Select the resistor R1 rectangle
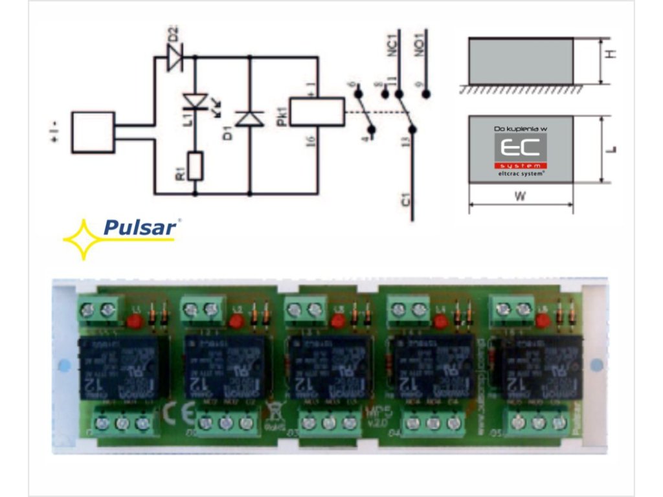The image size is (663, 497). pyautogui.click(x=195, y=166)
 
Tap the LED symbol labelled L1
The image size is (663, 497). pyautogui.click(x=195, y=102)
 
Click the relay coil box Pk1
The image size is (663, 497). pyautogui.click(x=316, y=111)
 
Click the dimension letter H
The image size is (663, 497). pyautogui.click(x=611, y=54)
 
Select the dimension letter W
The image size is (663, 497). pyautogui.click(x=520, y=197)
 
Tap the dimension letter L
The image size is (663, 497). pyautogui.click(x=612, y=149)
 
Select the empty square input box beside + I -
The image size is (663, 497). pyautogui.click(x=93, y=132)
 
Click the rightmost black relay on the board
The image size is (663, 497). pyautogui.click(x=543, y=367)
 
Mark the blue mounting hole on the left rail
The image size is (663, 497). pyautogui.click(x=63, y=366)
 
